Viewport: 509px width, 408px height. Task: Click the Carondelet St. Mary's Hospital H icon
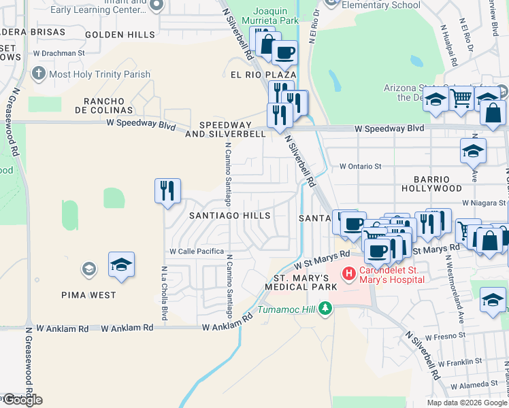tap(349, 273)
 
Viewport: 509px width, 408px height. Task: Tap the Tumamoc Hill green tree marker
tap(325, 309)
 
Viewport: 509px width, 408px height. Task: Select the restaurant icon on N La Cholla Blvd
tap(167, 191)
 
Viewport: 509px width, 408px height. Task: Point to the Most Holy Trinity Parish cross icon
tap(39, 73)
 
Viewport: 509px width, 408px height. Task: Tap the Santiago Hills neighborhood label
tap(229, 216)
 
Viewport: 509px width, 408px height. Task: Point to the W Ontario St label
tap(360, 166)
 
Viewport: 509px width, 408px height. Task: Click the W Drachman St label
tap(59, 52)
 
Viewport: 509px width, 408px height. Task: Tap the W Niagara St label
tap(484, 203)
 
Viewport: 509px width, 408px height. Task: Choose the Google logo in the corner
tap(22, 400)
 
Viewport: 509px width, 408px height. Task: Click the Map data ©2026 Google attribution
tap(467, 403)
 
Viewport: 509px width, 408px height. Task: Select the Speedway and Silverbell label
tap(232, 129)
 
